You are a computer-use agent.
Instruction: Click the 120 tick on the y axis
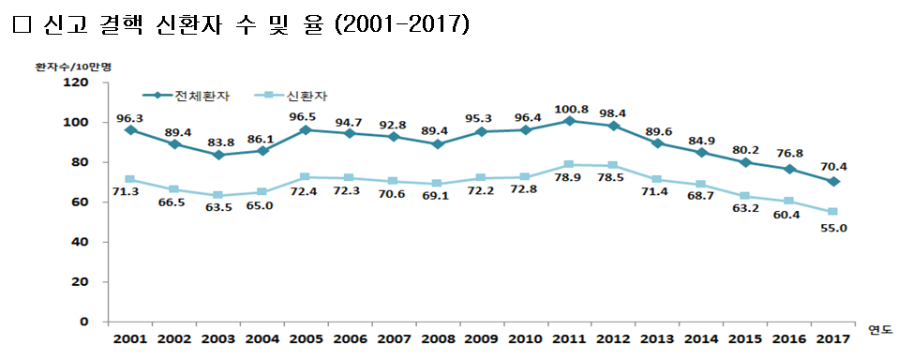[76, 82]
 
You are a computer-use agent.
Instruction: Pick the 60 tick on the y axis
[80, 202]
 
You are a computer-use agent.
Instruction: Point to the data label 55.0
[831, 227]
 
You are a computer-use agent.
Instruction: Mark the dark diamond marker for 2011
[568, 121]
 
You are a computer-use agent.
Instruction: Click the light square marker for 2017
[831, 212]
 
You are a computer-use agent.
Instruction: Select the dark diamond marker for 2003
[217, 155]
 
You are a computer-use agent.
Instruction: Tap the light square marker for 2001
[129, 179]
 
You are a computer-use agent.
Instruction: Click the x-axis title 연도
[880, 329]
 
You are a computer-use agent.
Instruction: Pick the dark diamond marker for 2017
[831, 181]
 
